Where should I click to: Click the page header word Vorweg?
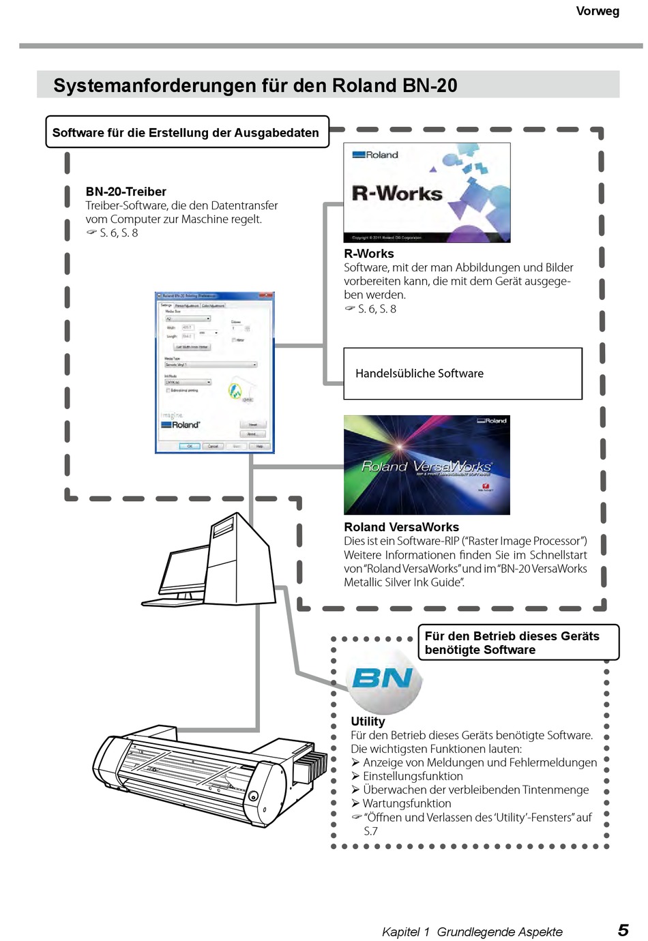597,11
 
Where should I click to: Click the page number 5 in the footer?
622,930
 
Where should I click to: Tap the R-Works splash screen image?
426,192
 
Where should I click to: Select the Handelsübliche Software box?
462,374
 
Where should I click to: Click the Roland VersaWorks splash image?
426,465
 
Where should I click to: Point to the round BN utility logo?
383,678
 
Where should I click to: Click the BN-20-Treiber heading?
126,192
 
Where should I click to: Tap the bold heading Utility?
368,721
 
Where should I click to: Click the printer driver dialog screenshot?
214,372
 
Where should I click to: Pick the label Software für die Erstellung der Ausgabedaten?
186,132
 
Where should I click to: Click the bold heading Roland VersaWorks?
401,527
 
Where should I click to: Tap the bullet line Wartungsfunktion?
407,803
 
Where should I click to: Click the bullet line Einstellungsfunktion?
413,776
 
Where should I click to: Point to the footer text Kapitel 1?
406,931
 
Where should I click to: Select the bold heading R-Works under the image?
369,254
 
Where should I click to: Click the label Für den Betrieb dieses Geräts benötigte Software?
512,642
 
